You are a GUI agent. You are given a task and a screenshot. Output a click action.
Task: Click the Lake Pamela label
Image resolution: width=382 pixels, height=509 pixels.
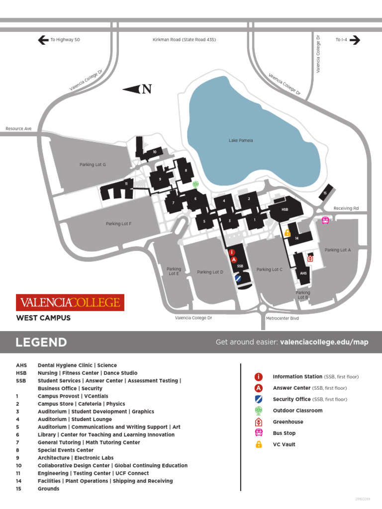click(x=241, y=140)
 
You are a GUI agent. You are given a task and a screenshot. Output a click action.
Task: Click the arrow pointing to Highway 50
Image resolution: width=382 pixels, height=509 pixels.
click(x=43, y=40)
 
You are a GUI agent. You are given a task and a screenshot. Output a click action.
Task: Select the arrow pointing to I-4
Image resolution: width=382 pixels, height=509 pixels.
click(x=355, y=40)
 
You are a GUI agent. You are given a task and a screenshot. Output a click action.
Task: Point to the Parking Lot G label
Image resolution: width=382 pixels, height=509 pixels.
click(x=93, y=165)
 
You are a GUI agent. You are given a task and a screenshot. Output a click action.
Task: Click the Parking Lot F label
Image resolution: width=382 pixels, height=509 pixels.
click(x=118, y=224)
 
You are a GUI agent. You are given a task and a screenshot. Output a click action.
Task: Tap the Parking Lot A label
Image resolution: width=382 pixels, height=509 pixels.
click(x=338, y=250)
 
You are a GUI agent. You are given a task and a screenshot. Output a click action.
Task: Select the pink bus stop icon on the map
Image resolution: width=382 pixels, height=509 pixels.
click(x=325, y=220)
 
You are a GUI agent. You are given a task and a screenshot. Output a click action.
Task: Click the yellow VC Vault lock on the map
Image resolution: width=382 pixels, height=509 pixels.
click(x=287, y=232)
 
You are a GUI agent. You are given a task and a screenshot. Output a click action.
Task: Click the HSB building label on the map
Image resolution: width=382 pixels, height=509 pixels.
click(x=285, y=210)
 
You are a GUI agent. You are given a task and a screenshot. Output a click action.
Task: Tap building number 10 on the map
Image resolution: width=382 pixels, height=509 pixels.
click(x=155, y=152)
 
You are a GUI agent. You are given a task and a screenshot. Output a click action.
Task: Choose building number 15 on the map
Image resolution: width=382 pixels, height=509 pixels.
click(x=325, y=193)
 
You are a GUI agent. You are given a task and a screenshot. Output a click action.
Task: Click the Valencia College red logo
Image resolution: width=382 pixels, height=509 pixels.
click(x=70, y=302)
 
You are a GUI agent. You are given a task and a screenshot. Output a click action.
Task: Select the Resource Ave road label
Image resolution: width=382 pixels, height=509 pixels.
click(x=18, y=129)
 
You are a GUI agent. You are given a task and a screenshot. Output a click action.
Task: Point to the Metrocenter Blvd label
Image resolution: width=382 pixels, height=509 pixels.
click(x=282, y=318)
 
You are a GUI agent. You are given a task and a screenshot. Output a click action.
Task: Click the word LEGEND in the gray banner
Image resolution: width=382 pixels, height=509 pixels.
click(x=41, y=342)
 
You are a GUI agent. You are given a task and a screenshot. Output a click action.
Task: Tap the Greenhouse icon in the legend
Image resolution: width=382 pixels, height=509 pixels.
click(x=259, y=422)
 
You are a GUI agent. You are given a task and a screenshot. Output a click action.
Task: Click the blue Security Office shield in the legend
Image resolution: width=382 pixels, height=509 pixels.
click(x=259, y=399)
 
